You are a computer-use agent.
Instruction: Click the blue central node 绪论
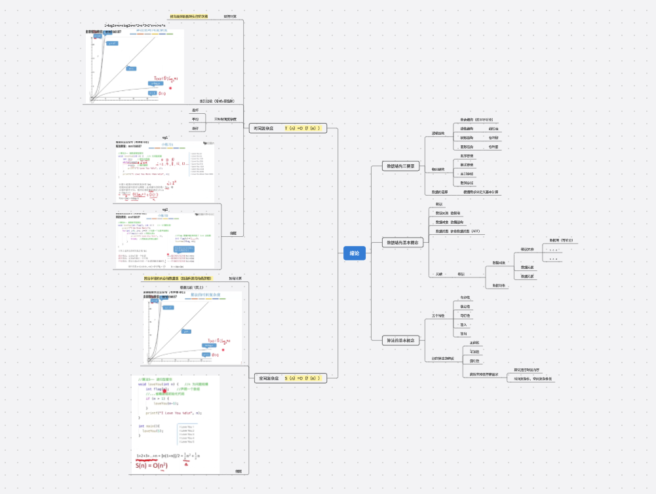(x=354, y=253)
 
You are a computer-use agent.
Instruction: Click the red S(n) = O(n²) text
(x=151, y=465)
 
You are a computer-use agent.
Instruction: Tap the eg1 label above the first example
(x=165, y=137)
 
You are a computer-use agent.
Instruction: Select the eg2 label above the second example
(x=165, y=209)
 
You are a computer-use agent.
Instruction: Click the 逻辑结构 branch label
(x=438, y=133)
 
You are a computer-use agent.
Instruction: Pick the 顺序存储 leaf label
(x=467, y=156)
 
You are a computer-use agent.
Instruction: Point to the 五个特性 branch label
(x=438, y=315)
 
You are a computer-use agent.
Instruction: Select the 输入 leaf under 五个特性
(x=464, y=324)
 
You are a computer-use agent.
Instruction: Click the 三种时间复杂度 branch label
(x=226, y=119)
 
